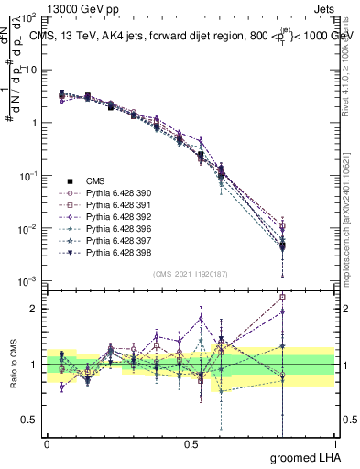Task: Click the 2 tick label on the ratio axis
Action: coord(34,309)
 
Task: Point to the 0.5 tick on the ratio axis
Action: coord(30,420)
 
